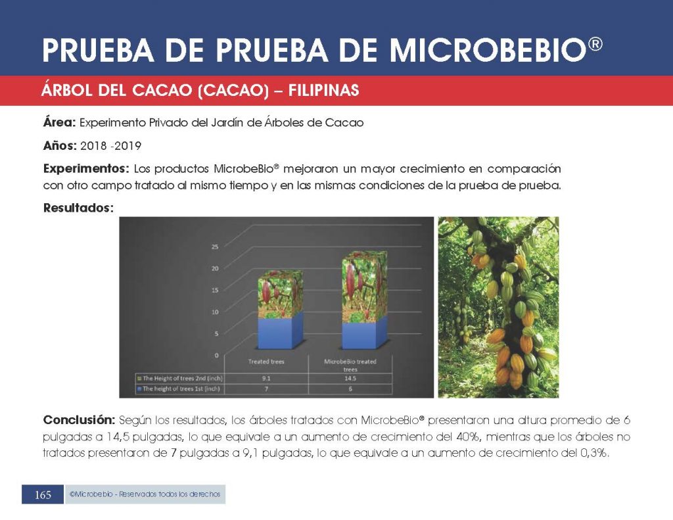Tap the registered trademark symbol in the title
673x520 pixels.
595,44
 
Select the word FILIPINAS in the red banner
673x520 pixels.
323,91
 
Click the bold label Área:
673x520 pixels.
59,122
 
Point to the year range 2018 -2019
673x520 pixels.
110,146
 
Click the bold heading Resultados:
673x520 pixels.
79,208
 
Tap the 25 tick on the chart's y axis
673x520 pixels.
215,247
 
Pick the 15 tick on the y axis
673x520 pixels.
215,291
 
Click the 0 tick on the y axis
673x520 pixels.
216,355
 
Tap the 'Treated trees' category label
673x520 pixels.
266,362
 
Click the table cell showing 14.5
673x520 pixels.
350,378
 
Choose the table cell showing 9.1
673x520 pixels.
266,378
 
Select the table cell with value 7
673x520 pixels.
266,389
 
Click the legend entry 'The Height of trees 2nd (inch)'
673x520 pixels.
180,378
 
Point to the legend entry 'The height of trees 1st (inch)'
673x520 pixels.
178,389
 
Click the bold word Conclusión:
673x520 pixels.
79,420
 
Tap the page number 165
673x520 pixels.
43,495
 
